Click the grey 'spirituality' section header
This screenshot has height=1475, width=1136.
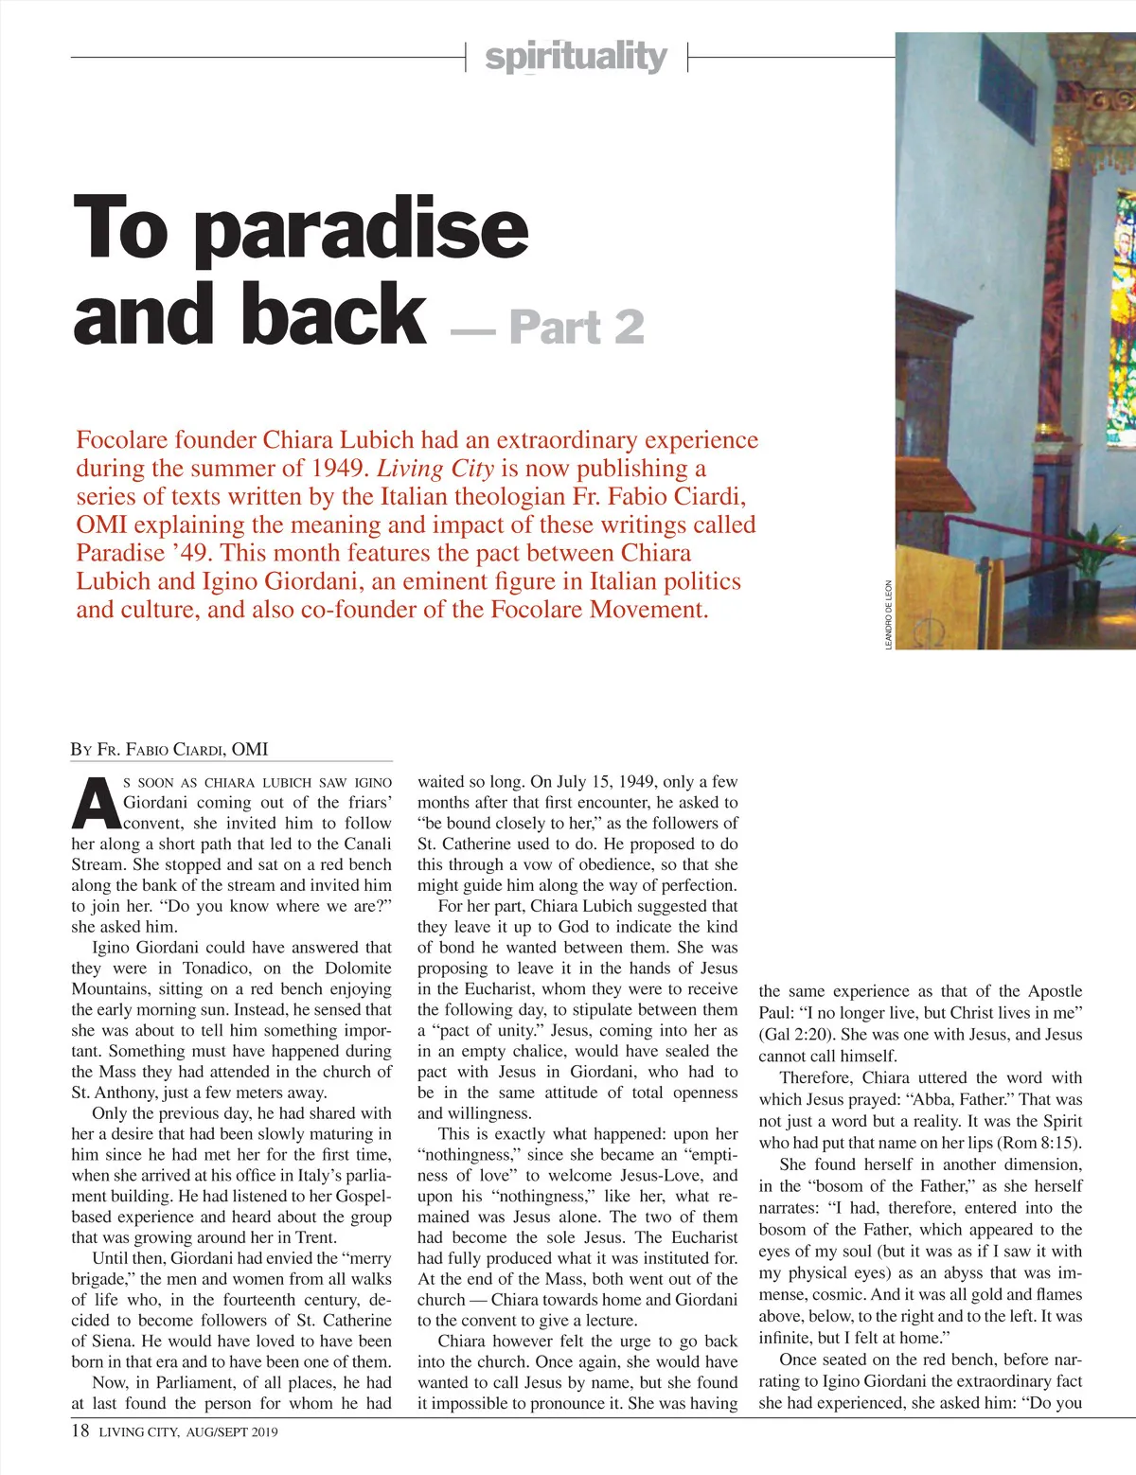[576, 57]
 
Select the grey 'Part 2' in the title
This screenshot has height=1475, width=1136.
[577, 328]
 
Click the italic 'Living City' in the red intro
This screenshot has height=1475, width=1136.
[435, 469]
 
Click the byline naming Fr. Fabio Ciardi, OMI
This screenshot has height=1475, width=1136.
[169, 750]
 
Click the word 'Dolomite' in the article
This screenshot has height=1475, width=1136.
[358, 969]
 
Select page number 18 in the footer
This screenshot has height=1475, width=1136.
[80, 1431]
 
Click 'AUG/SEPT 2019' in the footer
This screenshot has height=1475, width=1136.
[232, 1432]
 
